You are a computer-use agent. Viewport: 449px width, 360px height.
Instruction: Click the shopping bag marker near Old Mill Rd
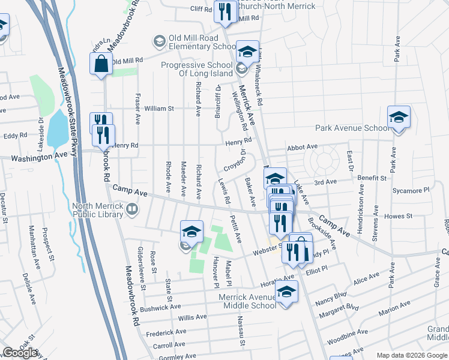pyautogui.click(x=101, y=63)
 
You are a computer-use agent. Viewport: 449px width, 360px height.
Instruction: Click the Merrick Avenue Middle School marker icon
pyautogui.click(x=287, y=292)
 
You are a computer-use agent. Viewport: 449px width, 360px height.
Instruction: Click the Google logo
pyautogui.click(x=20, y=353)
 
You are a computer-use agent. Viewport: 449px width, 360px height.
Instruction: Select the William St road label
pyautogui.click(x=159, y=109)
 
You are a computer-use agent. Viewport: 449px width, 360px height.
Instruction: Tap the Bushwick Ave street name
pyautogui.click(x=158, y=308)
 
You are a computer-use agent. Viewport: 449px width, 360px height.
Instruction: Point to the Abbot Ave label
pyautogui.click(x=302, y=146)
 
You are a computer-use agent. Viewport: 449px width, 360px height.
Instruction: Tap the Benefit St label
pyautogui.click(x=371, y=178)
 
